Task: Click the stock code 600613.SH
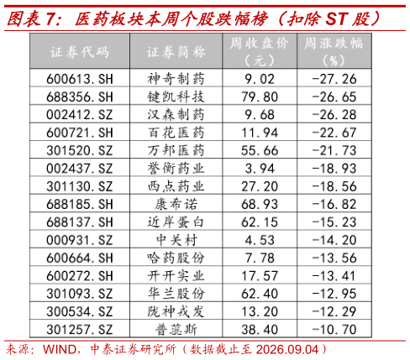pyautogui.click(x=80, y=79)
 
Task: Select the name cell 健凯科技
pyautogui.click(x=176, y=97)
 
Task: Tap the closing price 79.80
pyautogui.click(x=260, y=97)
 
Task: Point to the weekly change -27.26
pyautogui.click(x=334, y=79)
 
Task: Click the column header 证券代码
pyautogui.click(x=80, y=52)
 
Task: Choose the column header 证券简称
pyautogui.click(x=176, y=52)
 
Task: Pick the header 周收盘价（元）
pyautogui.click(x=260, y=52)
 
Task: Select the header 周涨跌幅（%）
pyautogui.click(x=334, y=52)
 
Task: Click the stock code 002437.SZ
pyautogui.click(x=80, y=169)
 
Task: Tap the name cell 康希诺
pyautogui.click(x=176, y=204)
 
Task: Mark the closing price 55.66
pyautogui.click(x=260, y=150)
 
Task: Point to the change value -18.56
pyautogui.click(x=334, y=186)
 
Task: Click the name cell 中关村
pyautogui.click(x=176, y=240)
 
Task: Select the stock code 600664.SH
pyautogui.click(x=80, y=258)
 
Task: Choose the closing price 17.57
pyautogui.click(x=260, y=276)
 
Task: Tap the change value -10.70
pyautogui.click(x=334, y=330)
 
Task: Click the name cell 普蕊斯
pyautogui.click(x=176, y=330)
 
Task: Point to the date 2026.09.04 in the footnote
pyautogui.click(x=287, y=350)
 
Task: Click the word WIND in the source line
pyautogui.click(x=60, y=350)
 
